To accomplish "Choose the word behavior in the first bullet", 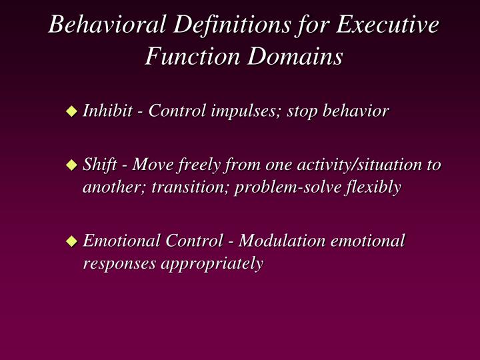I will click(x=355, y=111).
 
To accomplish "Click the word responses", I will click(x=115, y=263).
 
